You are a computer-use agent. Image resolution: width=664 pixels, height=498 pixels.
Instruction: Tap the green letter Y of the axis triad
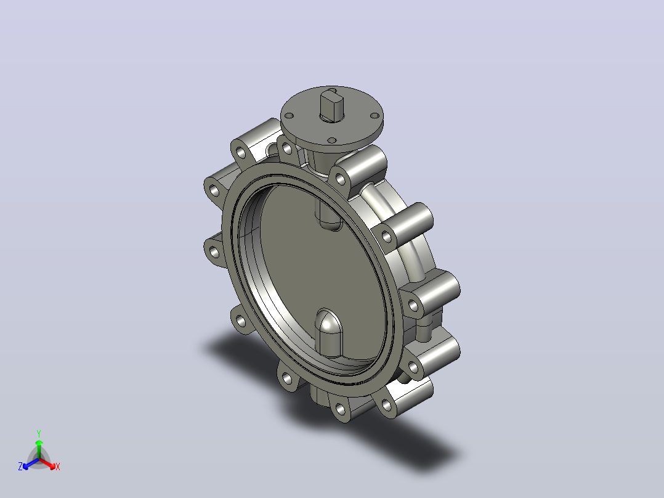point(39,433)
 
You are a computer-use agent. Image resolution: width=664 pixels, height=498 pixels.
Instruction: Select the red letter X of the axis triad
point(58,467)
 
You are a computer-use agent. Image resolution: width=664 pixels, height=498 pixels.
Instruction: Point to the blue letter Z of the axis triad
point(20,467)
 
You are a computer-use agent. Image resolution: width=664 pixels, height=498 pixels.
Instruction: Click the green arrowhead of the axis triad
point(39,443)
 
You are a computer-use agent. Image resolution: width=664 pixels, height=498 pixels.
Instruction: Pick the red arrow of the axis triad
point(47,463)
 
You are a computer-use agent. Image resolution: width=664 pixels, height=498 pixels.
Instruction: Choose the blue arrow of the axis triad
point(31,463)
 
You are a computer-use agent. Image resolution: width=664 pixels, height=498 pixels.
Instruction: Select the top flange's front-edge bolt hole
point(332,141)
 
